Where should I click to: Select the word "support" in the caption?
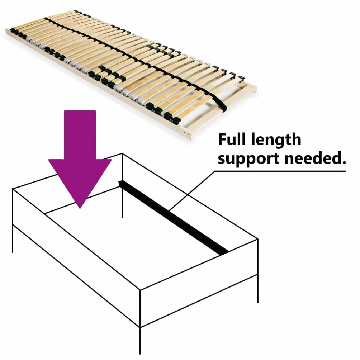click(249, 159)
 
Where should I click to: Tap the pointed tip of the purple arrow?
click(80, 208)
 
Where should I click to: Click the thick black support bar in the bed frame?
click(173, 218)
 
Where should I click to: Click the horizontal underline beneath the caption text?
click(280, 171)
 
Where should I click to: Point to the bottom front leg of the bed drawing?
click(140, 341)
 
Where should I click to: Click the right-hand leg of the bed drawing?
click(258, 289)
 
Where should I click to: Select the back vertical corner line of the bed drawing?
click(122, 185)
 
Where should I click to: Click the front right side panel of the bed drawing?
click(199, 283)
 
